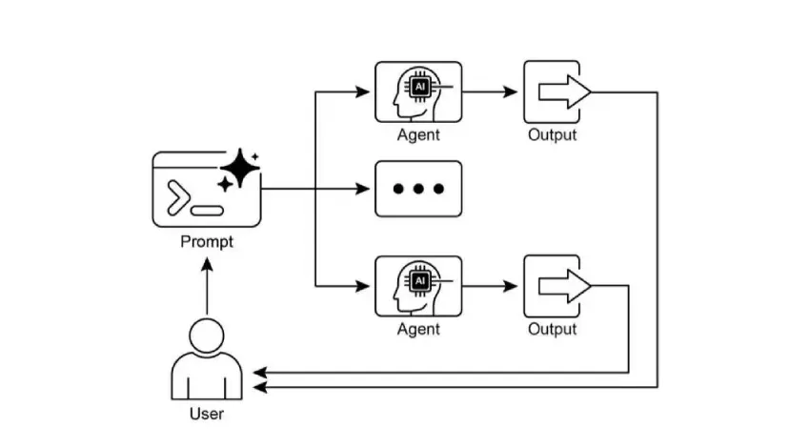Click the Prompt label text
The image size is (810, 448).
tap(207, 242)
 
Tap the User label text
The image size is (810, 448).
tap(207, 414)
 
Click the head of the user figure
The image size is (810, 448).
tap(207, 335)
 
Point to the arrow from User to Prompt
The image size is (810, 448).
tap(207, 286)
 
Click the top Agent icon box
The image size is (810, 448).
tap(417, 92)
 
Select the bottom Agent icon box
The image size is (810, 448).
tap(417, 286)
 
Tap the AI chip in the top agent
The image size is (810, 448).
tap(419, 87)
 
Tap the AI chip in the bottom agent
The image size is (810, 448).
tap(419, 280)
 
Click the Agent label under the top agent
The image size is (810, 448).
tap(418, 135)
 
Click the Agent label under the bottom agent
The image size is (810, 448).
tap(418, 329)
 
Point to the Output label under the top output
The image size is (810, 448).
tap(553, 135)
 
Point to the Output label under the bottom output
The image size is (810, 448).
tap(553, 329)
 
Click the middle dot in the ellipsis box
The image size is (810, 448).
tap(418, 189)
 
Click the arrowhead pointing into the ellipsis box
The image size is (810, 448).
tap(363, 189)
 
